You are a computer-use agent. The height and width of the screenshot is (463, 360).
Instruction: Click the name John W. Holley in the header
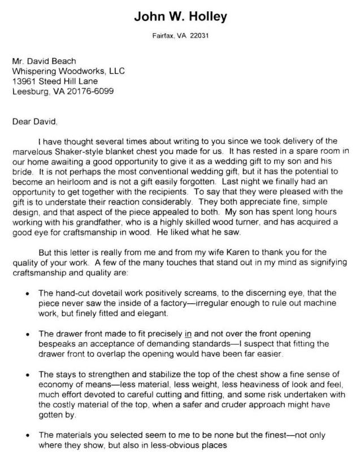coord(180,16)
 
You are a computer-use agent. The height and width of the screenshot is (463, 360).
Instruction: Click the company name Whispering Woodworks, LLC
coord(68,71)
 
